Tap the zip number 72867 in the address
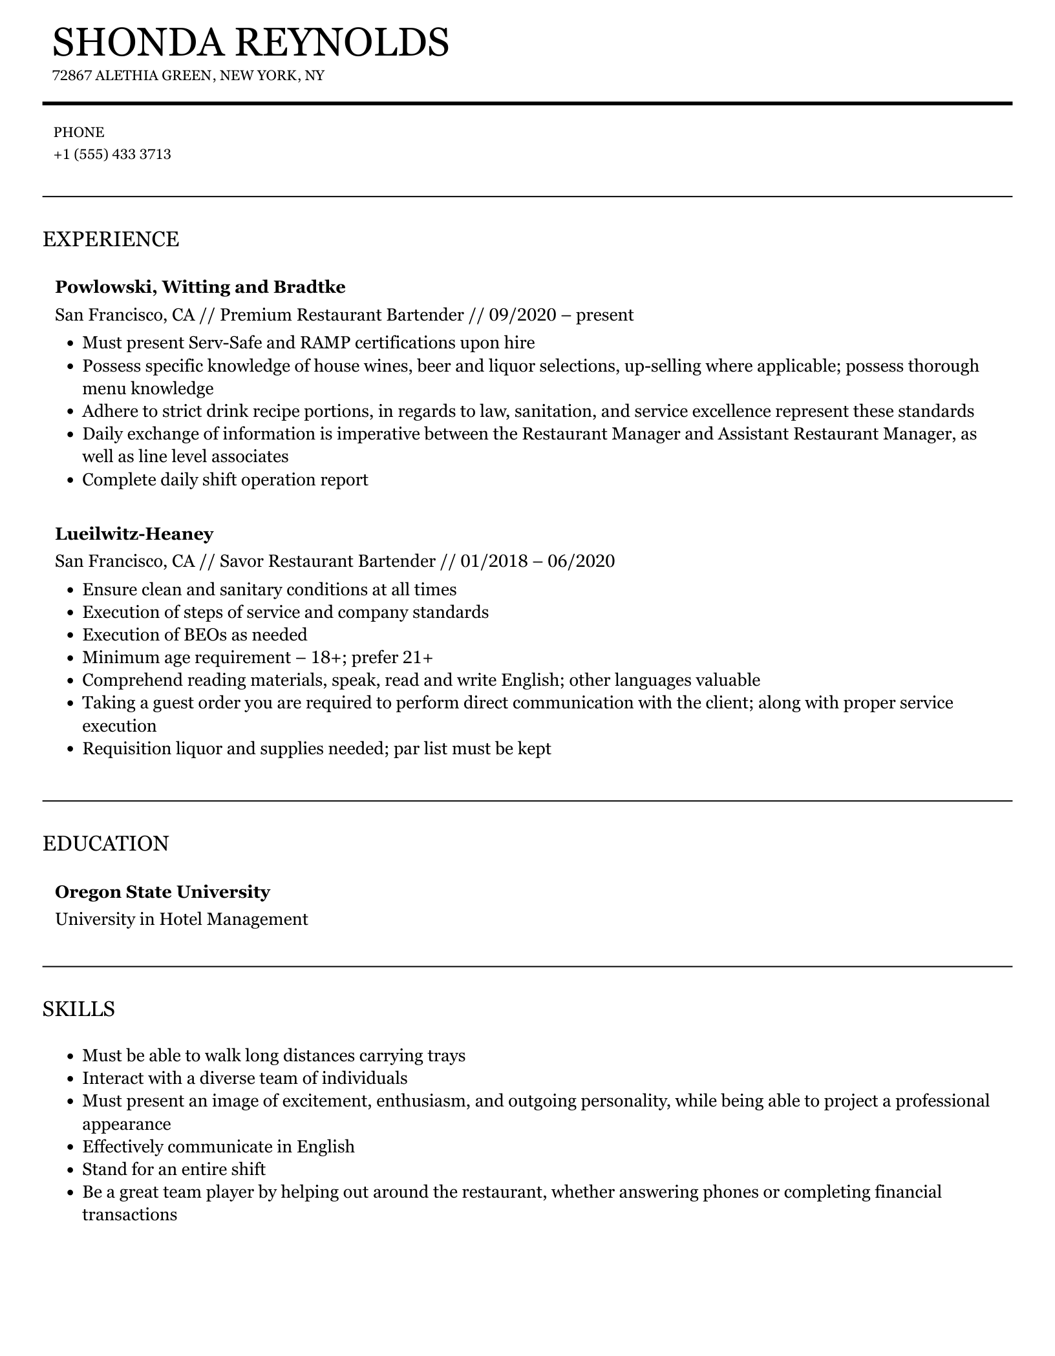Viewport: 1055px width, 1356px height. click(70, 76)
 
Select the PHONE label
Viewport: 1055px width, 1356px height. click(79, 132)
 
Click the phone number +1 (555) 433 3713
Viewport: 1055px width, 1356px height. click(112, 154)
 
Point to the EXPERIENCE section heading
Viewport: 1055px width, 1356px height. click(111, 239)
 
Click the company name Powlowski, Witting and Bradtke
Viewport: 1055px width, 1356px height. click(200, 287)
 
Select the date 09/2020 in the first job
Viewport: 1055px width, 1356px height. click(522, 315)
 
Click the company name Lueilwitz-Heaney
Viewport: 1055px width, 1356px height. click(134, 534)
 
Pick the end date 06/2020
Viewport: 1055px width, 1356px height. click(581, 561)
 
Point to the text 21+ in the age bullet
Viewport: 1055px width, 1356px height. click(418, 658)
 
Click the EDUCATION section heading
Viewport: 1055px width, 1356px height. click(105, 843)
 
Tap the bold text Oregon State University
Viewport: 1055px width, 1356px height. click(162, 892)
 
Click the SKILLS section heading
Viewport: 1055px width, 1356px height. click(79, 1009)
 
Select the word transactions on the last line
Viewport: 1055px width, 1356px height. click(129, 1214)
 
